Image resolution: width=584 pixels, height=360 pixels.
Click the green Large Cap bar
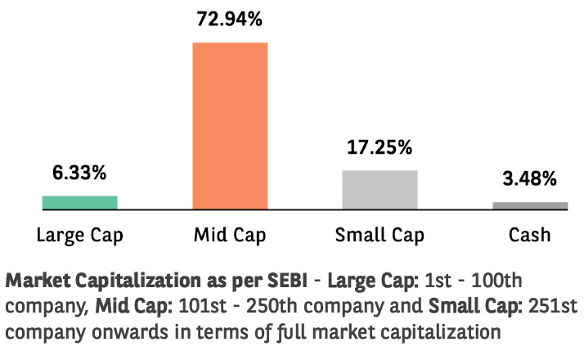(79, 202)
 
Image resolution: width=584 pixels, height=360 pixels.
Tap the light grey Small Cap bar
(380, 189)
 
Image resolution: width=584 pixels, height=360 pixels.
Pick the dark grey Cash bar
(529, 205)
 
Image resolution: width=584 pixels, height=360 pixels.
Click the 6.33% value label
(79, 174)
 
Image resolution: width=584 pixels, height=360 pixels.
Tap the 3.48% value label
(529, 178)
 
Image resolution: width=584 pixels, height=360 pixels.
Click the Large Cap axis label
(79, 236)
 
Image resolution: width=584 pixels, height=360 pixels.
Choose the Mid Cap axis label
(230, 236)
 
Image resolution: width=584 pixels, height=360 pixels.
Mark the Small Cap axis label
(380, 236)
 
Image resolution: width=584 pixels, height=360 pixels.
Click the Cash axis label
(529, 236)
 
